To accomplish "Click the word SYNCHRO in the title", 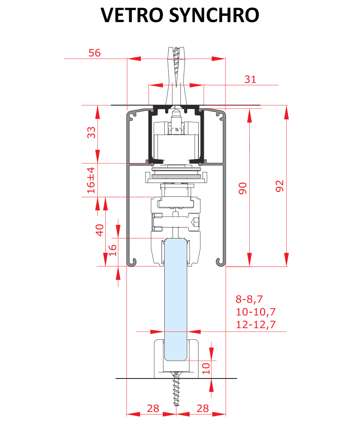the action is [214, 15].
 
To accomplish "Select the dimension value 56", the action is [94, 53].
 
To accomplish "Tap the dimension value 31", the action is [250, 79].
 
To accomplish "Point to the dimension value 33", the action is [91, 132].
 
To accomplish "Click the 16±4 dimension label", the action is [91, 180].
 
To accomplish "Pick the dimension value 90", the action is [243, 188].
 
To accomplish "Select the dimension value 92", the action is [279, 186].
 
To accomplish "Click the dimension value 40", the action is [99, 230].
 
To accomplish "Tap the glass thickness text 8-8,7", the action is [249, 299].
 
